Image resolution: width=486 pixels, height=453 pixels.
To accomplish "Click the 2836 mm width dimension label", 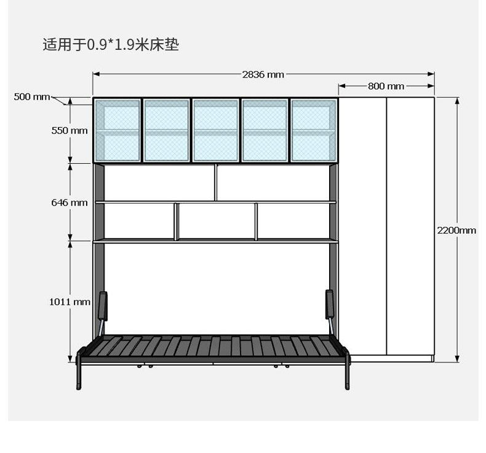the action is pyautogui.click(x=263, y=74).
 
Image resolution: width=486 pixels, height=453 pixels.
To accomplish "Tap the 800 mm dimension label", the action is pyautogui.click(x=386, y=86).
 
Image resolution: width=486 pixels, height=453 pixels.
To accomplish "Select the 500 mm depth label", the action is pyautogui.click(x=32, y=97).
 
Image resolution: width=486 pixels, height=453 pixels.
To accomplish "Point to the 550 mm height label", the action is pyautogui.click(x=70, y=130).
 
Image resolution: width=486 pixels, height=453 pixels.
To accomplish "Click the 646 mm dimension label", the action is pyautogui.click(x=70, y=202).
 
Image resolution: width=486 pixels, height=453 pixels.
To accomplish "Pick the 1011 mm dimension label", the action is pyautogui.click(x=70, y=302).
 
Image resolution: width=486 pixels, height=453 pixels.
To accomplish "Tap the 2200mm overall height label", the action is pyautogui.click(x=456, y=230).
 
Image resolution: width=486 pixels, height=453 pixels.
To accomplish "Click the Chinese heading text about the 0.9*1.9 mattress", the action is pyautogui.click(x=111, y=44).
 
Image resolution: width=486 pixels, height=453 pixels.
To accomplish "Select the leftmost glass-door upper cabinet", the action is pyautogui.click(x=118, y=130).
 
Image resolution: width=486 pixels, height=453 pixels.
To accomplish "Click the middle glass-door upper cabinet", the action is pyautogui.click(x=215, y=130).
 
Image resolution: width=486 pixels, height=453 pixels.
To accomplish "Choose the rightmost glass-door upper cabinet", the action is pyautogui.click(x=314, y=130).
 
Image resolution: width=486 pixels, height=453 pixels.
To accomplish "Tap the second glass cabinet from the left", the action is pyautogui.click(x=166, y=130).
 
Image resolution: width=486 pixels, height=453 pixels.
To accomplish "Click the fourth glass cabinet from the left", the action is pyautogui.click(x=265, y=130).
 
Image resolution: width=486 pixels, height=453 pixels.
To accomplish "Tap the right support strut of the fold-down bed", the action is pyautogui.click(x=330, y=307).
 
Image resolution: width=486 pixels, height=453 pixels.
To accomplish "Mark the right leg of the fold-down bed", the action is pyautogui.click(x=348, y=372).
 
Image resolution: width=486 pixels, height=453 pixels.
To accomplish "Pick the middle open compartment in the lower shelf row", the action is pyautogui.click(x=217, y=221).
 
